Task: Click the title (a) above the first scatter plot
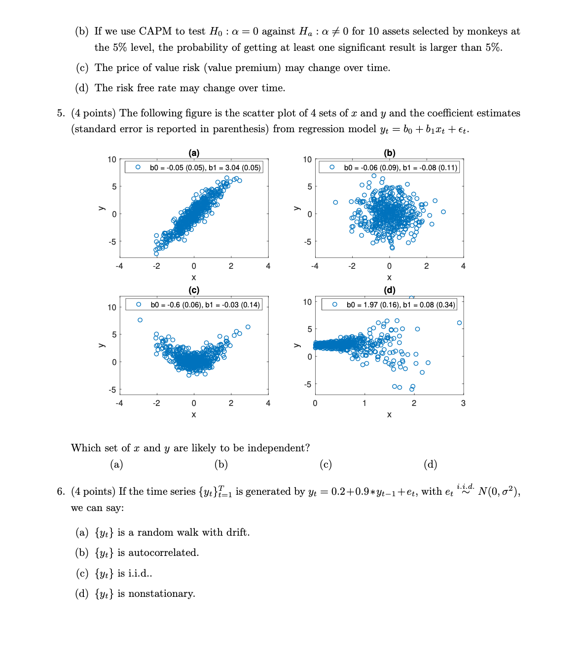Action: coord(194,153)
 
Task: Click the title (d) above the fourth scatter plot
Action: coord(390,290)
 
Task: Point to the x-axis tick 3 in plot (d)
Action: coord(463,403)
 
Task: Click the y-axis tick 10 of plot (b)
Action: coord(307,159)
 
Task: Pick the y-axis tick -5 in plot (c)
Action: coord(112,390)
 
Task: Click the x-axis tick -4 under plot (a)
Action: coord(119,266)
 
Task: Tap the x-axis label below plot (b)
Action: coord(389,278)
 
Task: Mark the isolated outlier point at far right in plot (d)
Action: coord(459,323)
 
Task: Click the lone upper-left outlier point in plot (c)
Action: coord(140,320)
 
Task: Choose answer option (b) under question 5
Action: coord(221,464)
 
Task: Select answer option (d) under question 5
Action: coord(430,464)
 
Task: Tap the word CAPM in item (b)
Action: coord(155,32)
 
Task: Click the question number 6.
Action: coord(60,491)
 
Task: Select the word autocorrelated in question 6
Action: coord(163,553)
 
